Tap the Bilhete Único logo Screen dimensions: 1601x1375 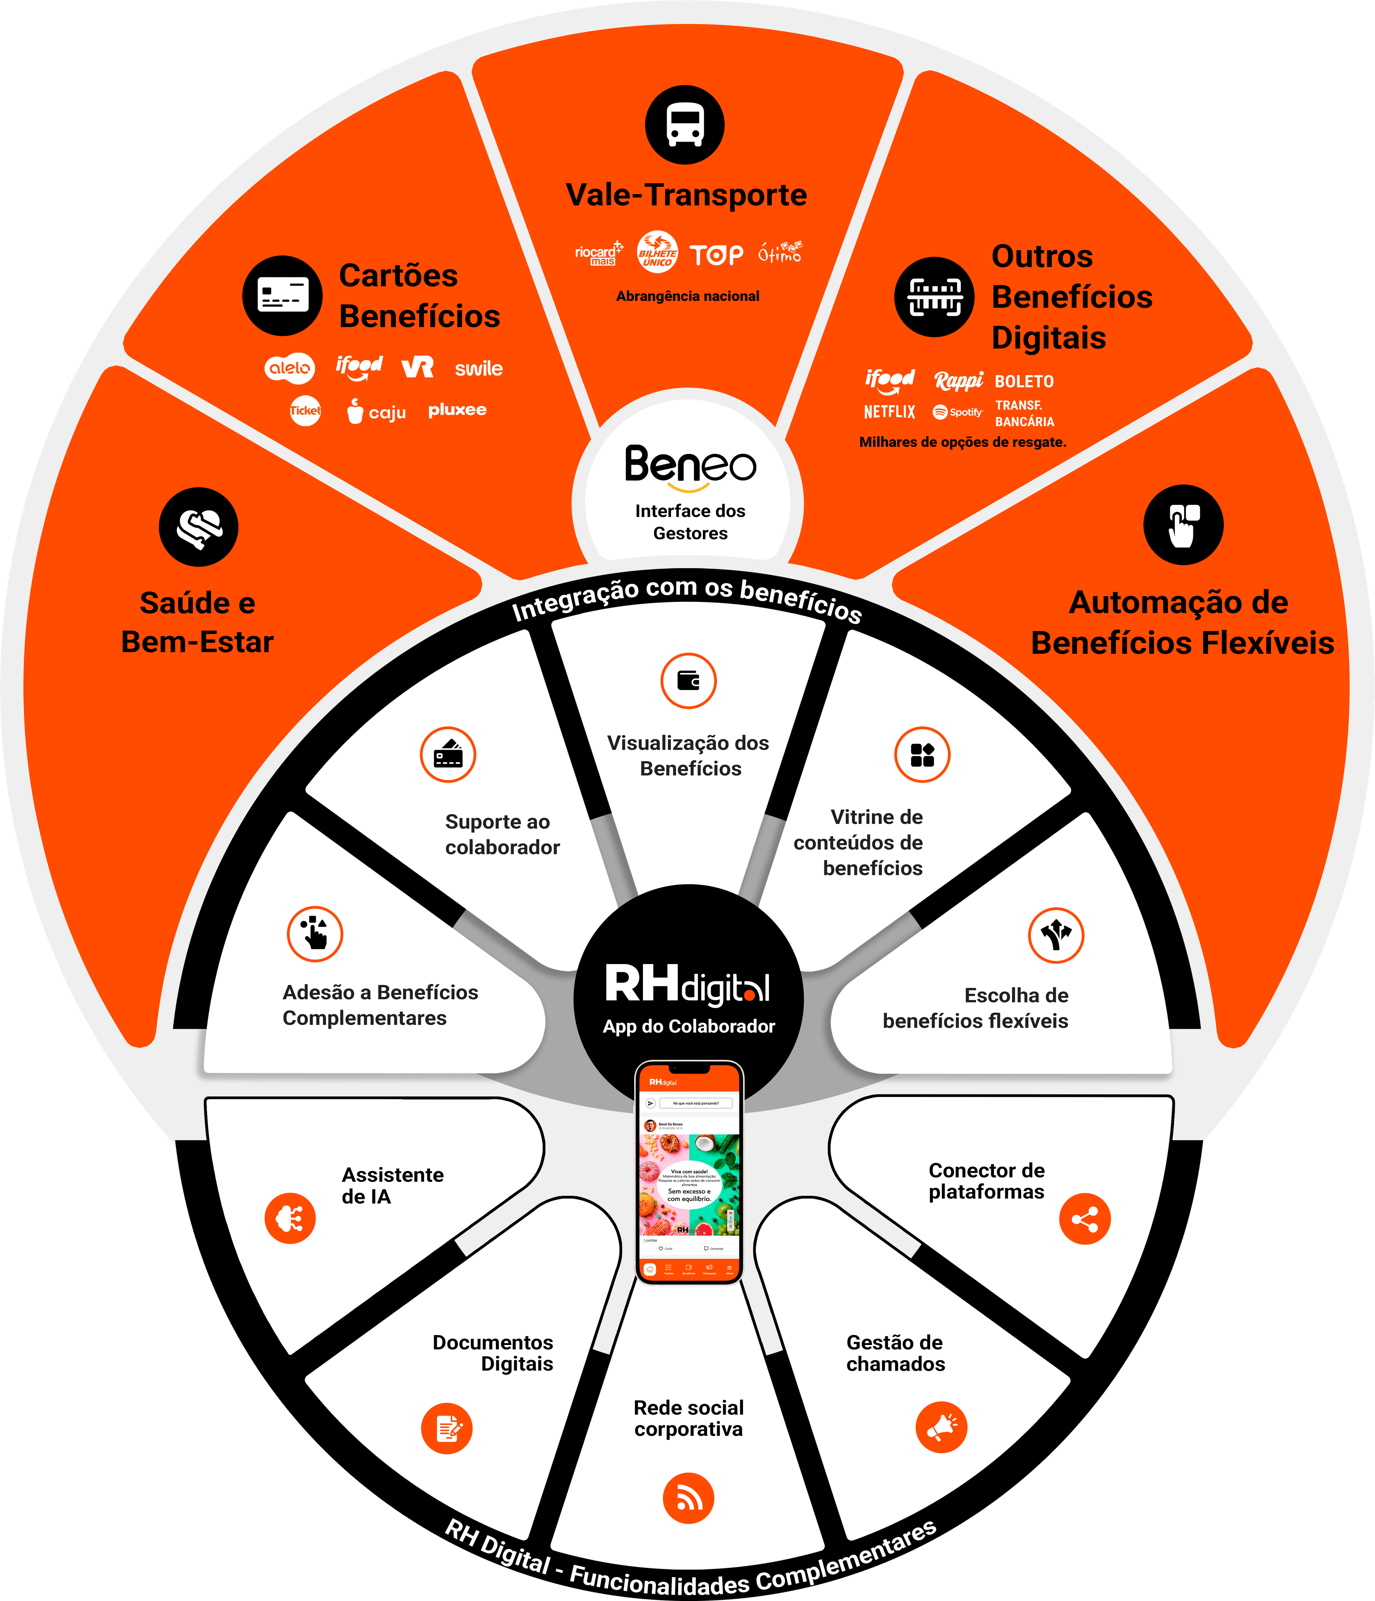657,252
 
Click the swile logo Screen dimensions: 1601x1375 478,369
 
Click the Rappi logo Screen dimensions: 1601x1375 959,380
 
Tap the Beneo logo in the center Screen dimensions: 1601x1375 690,466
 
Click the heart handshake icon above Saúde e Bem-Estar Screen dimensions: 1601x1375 199,527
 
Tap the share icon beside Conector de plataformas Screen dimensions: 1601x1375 1084,1219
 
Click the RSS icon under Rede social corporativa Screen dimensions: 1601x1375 688,1498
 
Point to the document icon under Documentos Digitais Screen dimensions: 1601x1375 447,1428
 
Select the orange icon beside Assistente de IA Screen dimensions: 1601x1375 290,1219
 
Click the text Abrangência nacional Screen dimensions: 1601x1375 687,296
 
